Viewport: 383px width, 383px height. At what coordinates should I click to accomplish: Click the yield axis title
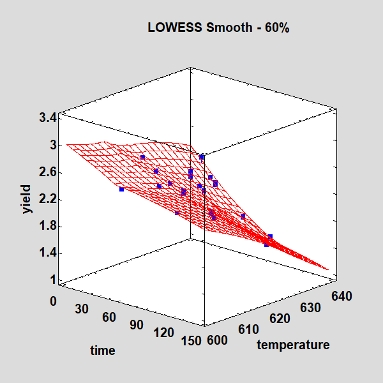tap(26, 199)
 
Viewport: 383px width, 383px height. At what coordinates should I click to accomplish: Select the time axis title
tap(102, 350)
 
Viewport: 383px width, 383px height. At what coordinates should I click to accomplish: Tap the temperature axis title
tap(293, 345)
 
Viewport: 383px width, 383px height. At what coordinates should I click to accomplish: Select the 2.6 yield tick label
tap(47, 172)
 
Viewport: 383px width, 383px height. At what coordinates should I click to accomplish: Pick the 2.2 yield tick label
tap(47, 199)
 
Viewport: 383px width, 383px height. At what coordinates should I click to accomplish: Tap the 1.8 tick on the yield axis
tap(47, 226)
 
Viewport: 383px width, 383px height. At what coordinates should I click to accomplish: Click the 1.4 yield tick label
tap(47, 253)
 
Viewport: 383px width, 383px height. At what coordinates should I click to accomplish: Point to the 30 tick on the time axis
tap(80, 309)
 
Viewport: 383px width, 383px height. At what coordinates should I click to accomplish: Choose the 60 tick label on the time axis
tap(109, 317)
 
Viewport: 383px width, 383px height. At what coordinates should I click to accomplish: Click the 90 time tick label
tap(136, 325)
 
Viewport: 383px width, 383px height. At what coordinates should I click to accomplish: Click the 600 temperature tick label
tap(218, 340)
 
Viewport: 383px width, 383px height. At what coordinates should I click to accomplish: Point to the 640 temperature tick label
tap(342, 296)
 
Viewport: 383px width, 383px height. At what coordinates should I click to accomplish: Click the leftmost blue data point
tap(122, 190)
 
